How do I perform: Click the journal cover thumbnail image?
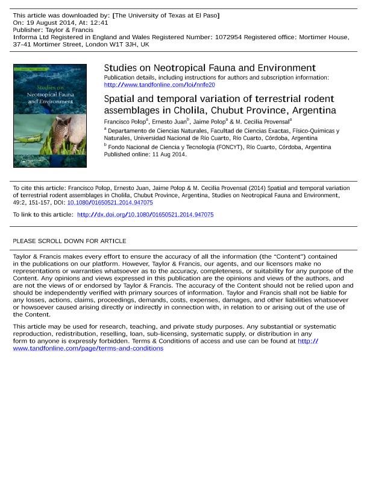pyautogui.click(x=50, y=115)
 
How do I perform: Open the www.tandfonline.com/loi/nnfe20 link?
pyautogui.click(x=159, y=85)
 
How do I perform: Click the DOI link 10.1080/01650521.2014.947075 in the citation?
pyautogui.click(x=110, y=203)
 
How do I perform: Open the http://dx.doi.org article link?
pyautogui.click(x=145, y=215)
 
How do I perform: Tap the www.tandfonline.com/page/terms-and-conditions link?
pyautogui.click(x=88, y=348)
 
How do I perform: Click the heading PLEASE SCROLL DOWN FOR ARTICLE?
pyautogui.click(x=69, y=241)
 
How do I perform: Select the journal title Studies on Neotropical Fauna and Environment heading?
pyautogui.click(x=210, y=68)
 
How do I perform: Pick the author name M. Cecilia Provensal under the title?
pyautogui.click(x=262, y=122)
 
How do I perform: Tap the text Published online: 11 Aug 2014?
pyautogui.click(x=145, y=154)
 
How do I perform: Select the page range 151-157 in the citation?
pyautogui.click(x=51, y=203)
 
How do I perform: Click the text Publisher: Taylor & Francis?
pyautogui.click(x=53, y=30)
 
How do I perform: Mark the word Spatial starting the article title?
pyautogui.click(x=121, y=99)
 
